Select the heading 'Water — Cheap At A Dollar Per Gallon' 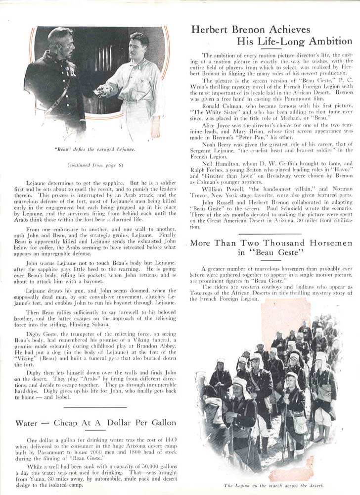click(x=95, y=423)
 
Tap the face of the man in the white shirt click(x=139, y=46)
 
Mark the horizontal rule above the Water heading click(x=95, y=407)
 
